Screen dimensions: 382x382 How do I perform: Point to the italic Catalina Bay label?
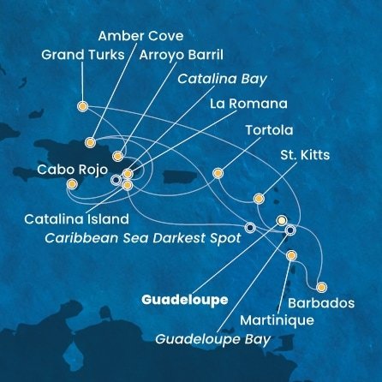tap(222, 79)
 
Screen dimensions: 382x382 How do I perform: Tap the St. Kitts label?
tap(304, 156)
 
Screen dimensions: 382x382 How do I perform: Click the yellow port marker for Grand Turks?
tap(82, 107)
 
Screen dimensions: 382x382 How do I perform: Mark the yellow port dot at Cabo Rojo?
tap(72, 183)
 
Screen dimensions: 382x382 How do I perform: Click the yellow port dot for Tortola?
tap(218, 172)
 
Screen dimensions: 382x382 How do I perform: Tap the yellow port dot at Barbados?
tap(322, 287)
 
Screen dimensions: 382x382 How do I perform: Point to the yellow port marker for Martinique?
tap(292, 256)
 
